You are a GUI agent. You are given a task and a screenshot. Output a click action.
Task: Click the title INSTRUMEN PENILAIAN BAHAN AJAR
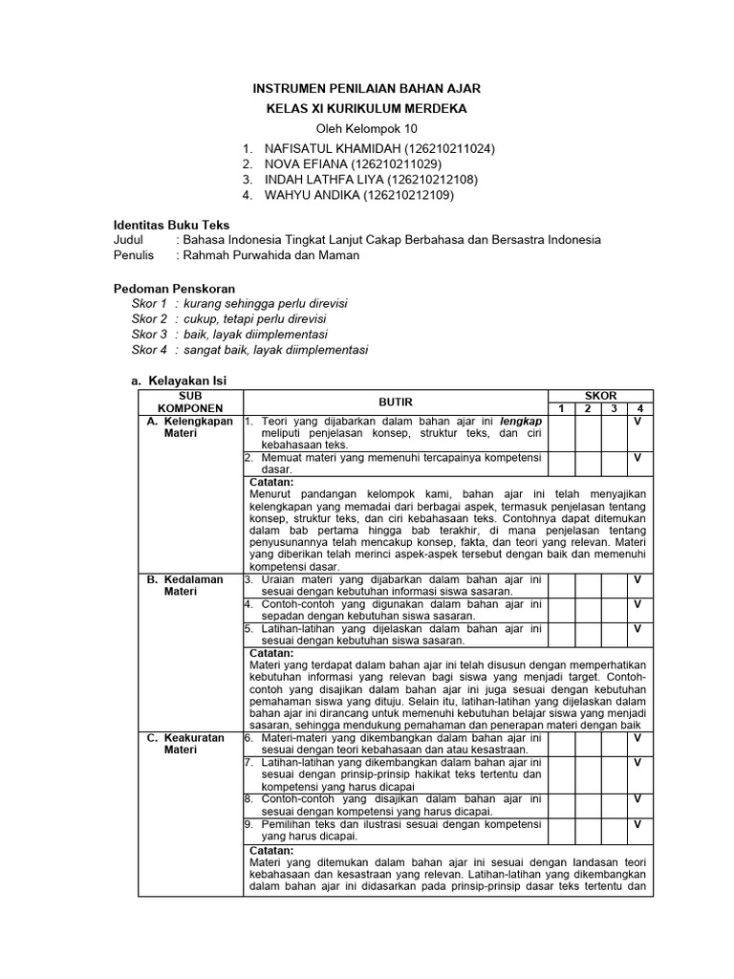[366, 88]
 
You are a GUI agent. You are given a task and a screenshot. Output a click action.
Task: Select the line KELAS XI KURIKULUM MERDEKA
[366, 109]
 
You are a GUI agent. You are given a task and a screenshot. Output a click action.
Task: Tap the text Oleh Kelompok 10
[366, 129]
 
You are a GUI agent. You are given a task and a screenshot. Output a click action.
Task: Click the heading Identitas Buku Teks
[171, 225]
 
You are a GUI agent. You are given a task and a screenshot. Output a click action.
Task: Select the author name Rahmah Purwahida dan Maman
[271, 255]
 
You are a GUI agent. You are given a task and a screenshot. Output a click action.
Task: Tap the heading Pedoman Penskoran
[174, 288]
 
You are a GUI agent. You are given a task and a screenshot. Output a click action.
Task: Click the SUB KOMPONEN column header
[190, 401]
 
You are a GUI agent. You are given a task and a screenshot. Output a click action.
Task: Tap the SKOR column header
[600, 395]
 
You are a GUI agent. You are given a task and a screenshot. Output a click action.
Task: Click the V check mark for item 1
[637, 422]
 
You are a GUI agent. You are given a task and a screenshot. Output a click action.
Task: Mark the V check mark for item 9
[637, 824]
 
